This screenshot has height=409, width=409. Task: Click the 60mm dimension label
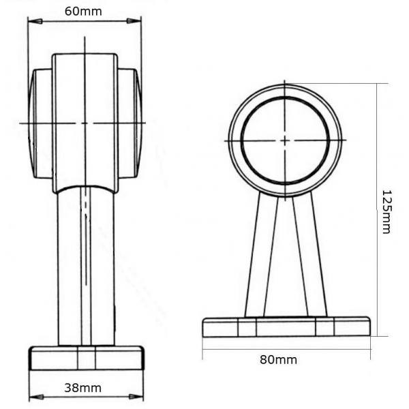[83, 12]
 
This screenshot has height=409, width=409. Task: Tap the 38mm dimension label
[82, 388]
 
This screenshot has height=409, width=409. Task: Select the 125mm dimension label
[387, 212]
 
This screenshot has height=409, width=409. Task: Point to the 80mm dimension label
[278, 360]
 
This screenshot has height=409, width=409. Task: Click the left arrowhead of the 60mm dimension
[35, 21]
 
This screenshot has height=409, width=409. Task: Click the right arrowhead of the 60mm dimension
[134, 21]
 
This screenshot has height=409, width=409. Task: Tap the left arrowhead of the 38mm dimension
[36, 397]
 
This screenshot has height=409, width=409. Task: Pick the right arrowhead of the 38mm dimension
[136, 397]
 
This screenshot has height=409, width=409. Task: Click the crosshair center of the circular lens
[285, 140]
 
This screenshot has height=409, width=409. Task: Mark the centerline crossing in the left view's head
[85, 123]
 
